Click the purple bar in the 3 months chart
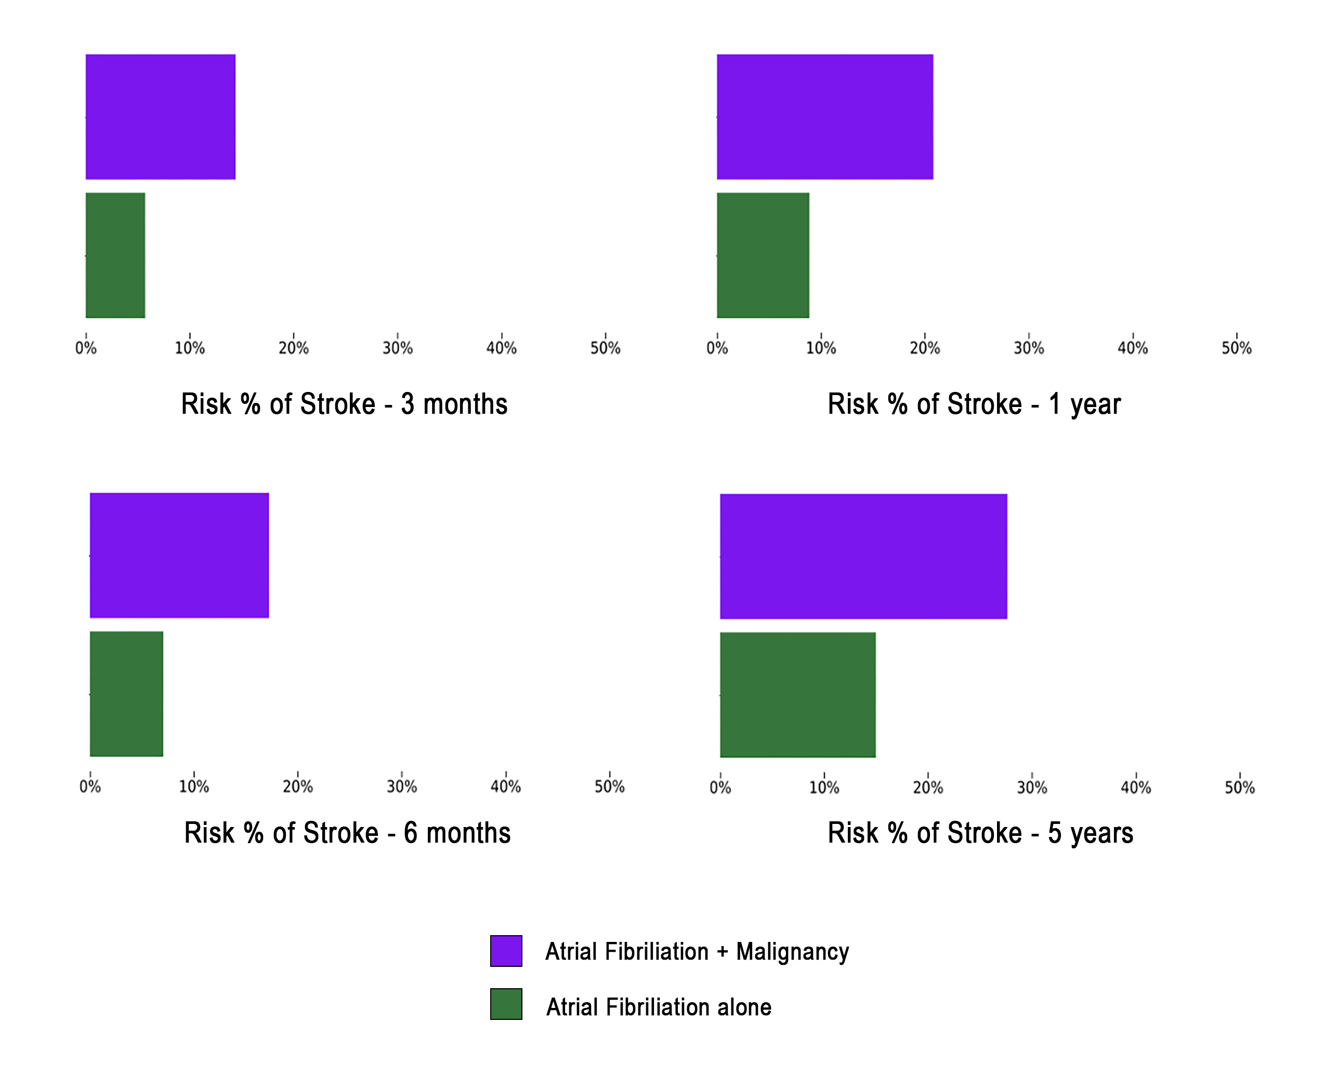coord(160,116)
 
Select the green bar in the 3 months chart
coord(115,255)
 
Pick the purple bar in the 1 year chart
coord(825,116)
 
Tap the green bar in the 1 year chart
coord(763,255)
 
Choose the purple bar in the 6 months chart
coord(179,556)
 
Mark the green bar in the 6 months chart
coord(127,694)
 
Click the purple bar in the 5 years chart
coord(863,557)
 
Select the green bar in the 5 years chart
coord(797,695)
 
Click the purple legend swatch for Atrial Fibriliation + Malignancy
coord(506,951)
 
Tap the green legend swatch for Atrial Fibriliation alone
coord(506,1004)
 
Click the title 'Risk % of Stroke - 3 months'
coord(345,404)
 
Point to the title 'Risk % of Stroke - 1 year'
coord(974,404)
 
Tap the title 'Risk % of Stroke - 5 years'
coord(980,833)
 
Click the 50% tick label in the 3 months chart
coord(605,348)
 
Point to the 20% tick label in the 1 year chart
coord(925,348)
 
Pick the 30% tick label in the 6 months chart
coord(401,787)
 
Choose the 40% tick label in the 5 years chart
coord(1136,788)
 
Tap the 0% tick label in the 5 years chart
coord(720,788)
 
